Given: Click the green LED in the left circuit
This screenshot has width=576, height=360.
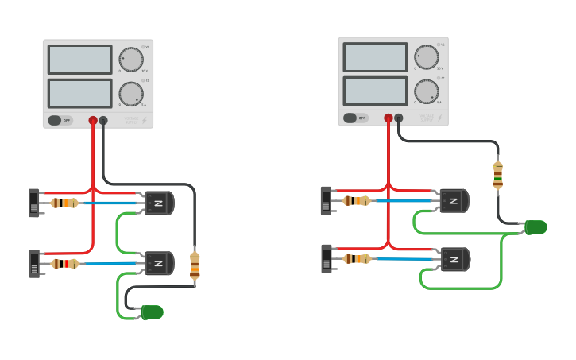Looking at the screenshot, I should tap(152, 312).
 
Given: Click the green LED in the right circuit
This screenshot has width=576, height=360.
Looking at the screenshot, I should tap(536, 228).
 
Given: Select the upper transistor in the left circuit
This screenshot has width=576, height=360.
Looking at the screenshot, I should tap(159, 203).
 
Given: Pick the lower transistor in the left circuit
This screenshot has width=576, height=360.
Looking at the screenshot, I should tap(159, 263).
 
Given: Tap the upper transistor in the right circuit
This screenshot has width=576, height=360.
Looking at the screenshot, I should tap(454, 201).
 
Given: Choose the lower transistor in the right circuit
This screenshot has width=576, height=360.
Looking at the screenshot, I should tap(454, 259).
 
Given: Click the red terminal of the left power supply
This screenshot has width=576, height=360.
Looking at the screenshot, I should tap(93, 121).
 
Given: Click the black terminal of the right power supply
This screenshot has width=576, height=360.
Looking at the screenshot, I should tap(399, 118).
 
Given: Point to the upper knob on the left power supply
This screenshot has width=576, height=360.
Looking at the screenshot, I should tap(131, 60).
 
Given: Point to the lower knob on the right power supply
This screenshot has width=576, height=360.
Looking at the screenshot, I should tap(427, 91).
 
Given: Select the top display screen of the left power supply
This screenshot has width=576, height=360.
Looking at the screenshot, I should tap(79, 60).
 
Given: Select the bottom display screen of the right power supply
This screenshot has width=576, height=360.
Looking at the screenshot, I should tap(375, 91).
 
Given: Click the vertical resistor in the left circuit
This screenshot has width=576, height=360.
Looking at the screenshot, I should tap(195, 265).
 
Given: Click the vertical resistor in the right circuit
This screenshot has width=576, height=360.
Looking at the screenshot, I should tap(498, 176).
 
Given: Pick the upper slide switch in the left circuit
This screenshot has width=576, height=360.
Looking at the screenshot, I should tap(34, 203).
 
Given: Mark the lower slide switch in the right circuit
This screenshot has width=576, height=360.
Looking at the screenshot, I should tap(327, 258).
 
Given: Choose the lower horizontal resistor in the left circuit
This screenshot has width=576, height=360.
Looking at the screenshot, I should tap(65, 263).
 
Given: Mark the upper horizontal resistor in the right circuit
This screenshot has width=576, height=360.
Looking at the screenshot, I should tap(357, 201).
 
